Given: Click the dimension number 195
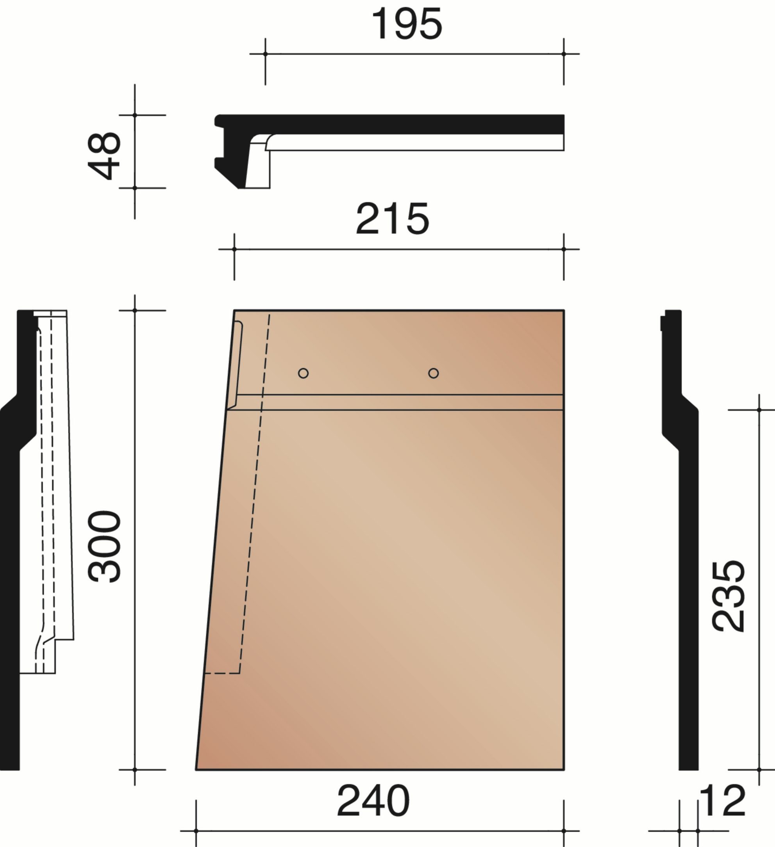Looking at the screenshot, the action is (x=407, y=24).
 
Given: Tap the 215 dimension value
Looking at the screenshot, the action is (x=392, y=219).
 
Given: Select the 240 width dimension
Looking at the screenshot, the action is (x=373, y=801).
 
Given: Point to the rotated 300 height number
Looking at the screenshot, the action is (x=104, y=546).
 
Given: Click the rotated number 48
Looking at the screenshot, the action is (x=104, y=156).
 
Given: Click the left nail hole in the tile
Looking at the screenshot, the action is (x=303, y=373).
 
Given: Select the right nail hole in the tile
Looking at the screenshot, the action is (x=434, y=373).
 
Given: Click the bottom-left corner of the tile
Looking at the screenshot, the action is (x=196, y=770).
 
